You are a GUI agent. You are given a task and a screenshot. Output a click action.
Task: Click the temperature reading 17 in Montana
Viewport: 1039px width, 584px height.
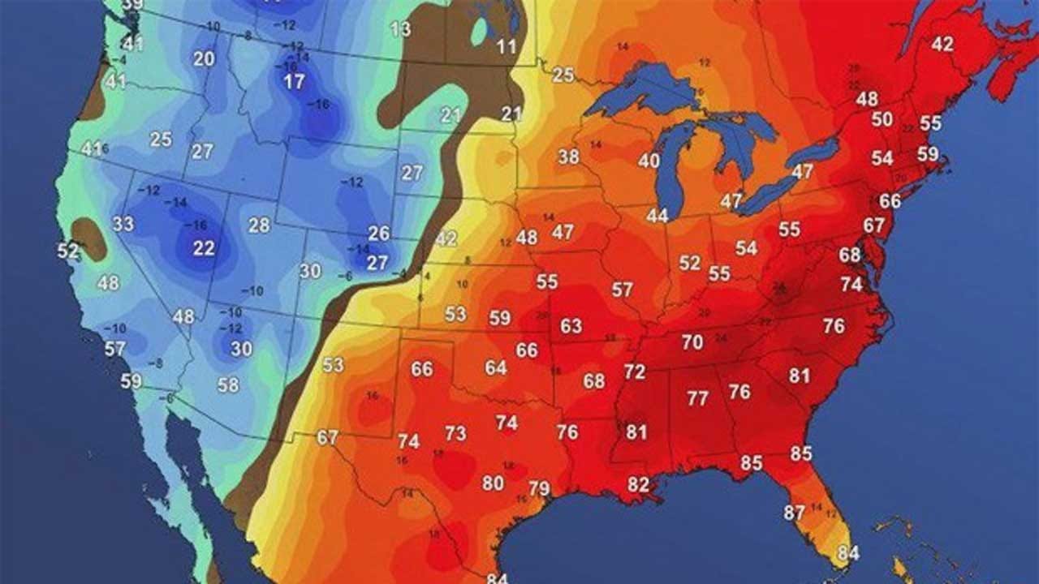click(x=294, y=82)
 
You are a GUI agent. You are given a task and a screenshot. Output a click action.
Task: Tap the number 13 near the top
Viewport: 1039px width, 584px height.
click(x=400, y=30)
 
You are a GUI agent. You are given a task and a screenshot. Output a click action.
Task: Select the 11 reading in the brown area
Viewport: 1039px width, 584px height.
click(x=507, y=47)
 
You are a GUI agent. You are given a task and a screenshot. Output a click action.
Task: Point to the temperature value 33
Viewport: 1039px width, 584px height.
click(x=123, y=224)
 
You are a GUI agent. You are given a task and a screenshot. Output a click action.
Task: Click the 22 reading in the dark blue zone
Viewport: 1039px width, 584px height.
click(x=204, y=249)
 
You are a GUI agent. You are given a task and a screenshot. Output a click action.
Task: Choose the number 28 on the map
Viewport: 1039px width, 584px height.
click(x=259, y=225)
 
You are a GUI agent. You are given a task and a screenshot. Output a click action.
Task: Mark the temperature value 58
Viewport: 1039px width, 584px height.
click(x=228, y=385)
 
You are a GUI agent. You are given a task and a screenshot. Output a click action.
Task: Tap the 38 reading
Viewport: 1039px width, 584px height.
click(x=568, y=157)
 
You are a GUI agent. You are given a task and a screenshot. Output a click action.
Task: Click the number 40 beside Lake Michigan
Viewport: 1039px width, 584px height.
click(x=649, y=161)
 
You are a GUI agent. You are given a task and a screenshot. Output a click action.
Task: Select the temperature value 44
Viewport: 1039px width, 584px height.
click(x=657, y=216)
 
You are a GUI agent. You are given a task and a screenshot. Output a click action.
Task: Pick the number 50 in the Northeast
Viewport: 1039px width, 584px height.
click(x=882, y=120)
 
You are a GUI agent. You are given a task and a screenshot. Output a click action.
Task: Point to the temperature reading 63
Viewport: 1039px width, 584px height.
click(x=571, y=326)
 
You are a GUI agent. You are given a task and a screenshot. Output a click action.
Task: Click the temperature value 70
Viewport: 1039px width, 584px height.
click(x=692, y=342)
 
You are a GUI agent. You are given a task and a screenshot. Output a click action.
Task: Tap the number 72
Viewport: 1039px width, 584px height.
click(x=635, y=372)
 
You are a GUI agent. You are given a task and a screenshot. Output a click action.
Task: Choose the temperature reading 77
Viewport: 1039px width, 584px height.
click(x=697, y=398)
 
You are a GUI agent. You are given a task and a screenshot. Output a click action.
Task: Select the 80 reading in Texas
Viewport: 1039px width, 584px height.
click(x=493, y=483)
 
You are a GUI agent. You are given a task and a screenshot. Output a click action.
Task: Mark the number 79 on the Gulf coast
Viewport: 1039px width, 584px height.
click(x=539, y=488)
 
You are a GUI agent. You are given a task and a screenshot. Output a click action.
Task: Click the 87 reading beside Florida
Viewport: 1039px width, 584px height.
click(x=794, y=513)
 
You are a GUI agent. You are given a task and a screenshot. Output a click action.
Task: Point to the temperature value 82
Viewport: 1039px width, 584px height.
click(x=639, y=485)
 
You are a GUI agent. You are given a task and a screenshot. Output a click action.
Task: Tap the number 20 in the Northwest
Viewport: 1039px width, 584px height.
click(x=204, y=59)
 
